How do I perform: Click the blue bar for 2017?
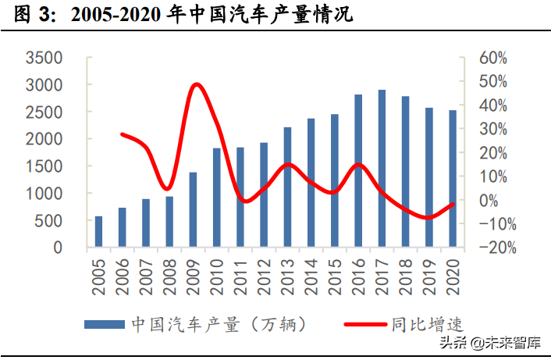tap(382, 169)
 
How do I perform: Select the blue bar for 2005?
tap(98, 232)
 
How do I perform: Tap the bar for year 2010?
tap(216, 198)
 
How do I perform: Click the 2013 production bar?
tap(287, 187)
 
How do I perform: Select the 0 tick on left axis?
tap(57, 248)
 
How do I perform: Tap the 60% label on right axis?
tap(492, 58)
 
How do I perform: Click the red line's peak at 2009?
tap(195, 84)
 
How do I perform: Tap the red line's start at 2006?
tap(122, 134)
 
